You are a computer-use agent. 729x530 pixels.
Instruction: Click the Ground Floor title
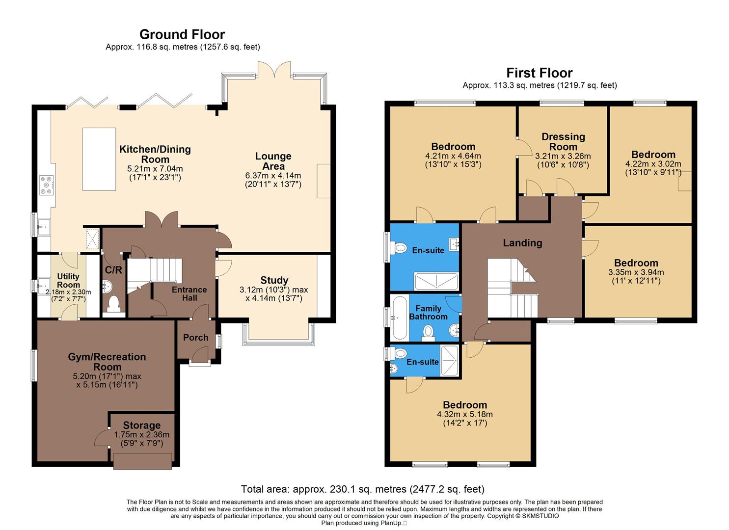[x=182, y=34]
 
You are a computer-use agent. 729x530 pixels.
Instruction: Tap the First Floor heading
[x=539, y=73]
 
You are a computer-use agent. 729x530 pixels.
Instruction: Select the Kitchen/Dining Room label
[x=155, y=154]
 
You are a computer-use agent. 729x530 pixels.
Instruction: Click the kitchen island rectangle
[x=99, y=159]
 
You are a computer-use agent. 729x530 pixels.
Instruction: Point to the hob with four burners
[x=46, y=185]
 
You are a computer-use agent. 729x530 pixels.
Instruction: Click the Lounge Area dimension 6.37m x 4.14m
[x=273, y=175]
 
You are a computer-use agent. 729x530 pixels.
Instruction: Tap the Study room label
[x=274, y=280]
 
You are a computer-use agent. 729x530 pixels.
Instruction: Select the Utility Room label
[x=68, y=281]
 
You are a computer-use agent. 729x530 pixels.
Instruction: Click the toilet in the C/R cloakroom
[x=114, y=304]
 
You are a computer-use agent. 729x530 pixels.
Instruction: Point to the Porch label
[x=195, y=338]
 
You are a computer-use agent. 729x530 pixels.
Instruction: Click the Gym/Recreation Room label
[x=107, y=362]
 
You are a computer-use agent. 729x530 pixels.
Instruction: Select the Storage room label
[x=141, y=425]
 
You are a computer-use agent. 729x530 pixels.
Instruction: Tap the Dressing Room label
[x=563, y=141]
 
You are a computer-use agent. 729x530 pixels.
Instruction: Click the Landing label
[x=522, y=243]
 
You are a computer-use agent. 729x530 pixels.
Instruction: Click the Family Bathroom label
[x=428, y=313]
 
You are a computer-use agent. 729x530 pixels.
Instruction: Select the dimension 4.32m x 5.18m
[x=464, y=414]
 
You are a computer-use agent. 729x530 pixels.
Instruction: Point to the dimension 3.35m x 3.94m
[x=636, y=272]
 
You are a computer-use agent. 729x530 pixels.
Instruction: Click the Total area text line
[x=362, y=489]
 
